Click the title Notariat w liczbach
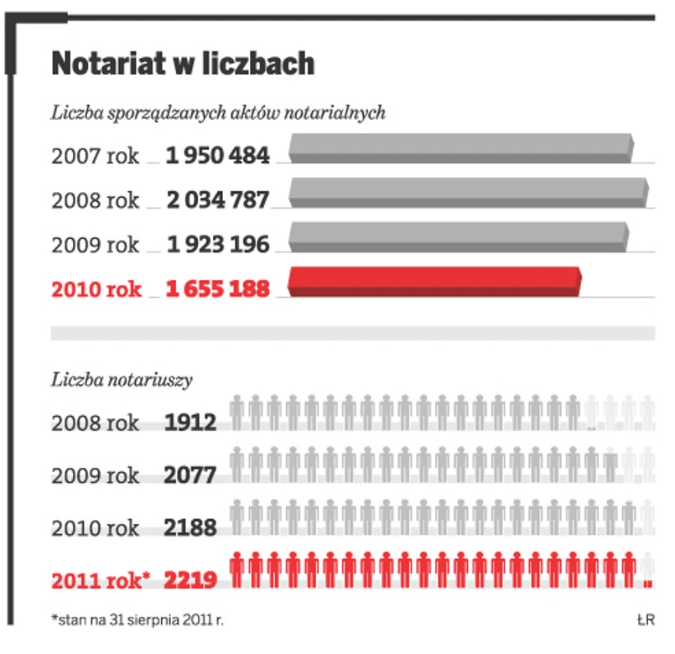click(183, 64)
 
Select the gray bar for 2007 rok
click(460, 148)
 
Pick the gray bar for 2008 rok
click(469, 192)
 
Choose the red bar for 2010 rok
click(434, 281)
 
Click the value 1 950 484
click(218, 155)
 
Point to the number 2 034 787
click(218, 200)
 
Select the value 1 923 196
click(218, 245)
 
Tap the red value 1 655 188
click(218, 289)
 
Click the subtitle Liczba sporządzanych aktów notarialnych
click(218, 112)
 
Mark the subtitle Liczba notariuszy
click(122, 380)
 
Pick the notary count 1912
click(190, 422)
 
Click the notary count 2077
click(190, 475)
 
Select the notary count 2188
click(190, 528)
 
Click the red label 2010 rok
click(96, 289)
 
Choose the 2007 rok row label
click(96, 155)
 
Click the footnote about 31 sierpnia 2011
click(138, 620)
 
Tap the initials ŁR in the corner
click(645, 620)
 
